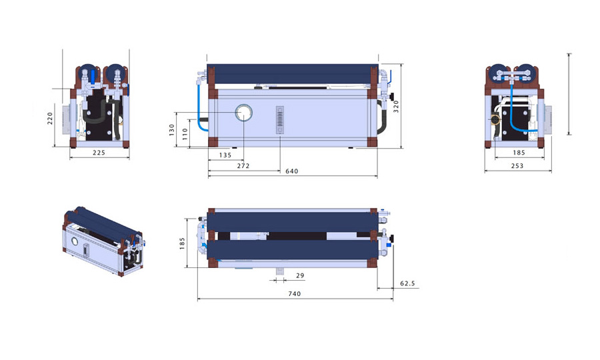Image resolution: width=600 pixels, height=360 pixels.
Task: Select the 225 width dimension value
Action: pos(98,153)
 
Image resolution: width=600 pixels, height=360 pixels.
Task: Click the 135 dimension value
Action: pos(225,155)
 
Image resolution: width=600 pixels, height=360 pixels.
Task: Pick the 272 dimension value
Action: pos(243,165)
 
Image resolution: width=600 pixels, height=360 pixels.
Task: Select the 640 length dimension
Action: pos(291,171)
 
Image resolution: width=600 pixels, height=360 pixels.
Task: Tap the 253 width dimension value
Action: pos(517,165)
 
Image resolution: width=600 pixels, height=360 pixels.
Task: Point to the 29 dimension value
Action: pos(299,275)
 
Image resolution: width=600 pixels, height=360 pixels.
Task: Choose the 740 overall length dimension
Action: pos(294,293)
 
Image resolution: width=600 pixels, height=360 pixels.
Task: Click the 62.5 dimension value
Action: pos(407,283)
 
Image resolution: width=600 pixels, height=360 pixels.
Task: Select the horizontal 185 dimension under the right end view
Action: pos(519,153)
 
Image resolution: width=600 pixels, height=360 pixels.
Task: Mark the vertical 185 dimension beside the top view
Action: pos(183,243)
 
